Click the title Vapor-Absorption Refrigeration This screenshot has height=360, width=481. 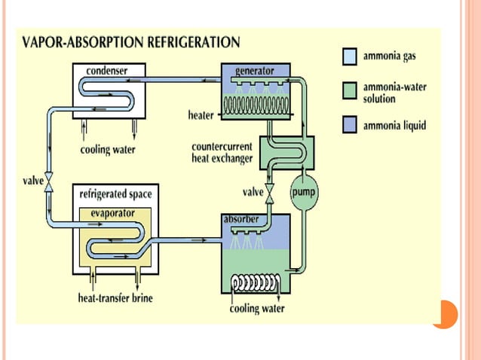[x=133, y=42]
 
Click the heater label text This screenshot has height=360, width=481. [x=201, y=115]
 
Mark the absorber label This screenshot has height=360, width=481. [x=241, y=219]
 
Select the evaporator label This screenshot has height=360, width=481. [x=112, y=214]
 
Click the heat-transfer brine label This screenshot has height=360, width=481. [x=117, y=298]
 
